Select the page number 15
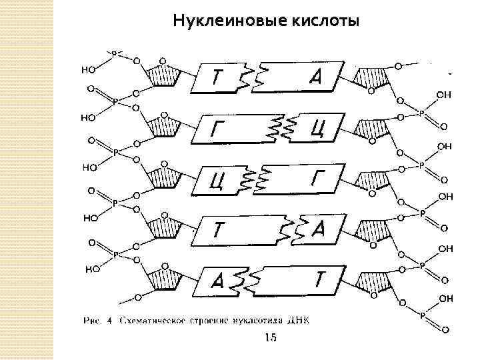270,338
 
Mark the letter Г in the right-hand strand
316,177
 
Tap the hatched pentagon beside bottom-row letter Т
371,277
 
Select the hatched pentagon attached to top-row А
371,78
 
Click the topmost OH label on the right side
443,95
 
